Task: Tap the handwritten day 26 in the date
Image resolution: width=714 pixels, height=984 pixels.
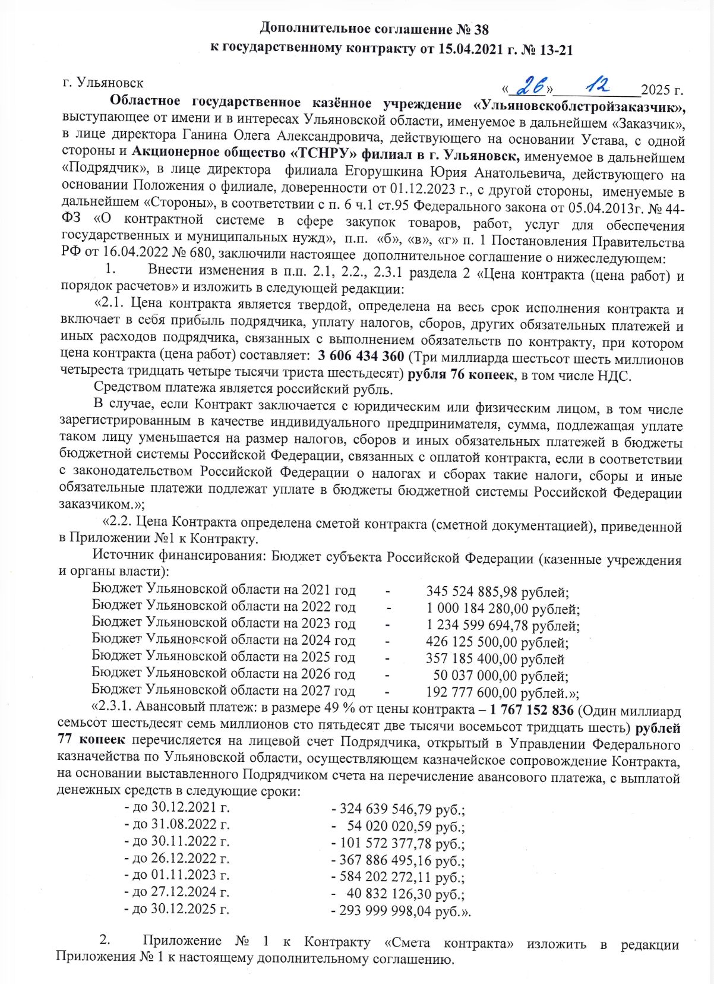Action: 530,87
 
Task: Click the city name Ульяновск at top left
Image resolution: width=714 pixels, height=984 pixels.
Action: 110,83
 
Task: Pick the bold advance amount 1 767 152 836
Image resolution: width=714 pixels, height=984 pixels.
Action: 532,710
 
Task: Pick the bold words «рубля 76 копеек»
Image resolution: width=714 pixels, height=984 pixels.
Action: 460,375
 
